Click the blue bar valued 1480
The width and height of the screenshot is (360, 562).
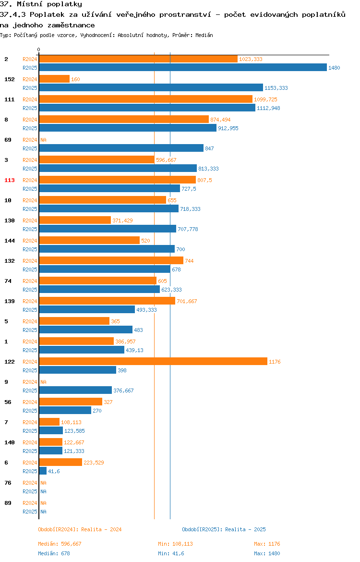[x=183, y=67]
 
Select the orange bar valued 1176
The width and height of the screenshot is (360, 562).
[x=153, y=361]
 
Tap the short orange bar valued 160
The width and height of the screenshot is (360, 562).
[x=54, y=79]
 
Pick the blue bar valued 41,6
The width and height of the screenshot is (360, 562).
[x=43, y=471]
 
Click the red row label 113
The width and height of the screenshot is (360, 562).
[x=10, y=180]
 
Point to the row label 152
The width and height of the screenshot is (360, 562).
[x=10, y=79]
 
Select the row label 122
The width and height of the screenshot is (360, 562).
[x=10, y=362]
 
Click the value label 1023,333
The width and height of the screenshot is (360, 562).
[x=251, y=59]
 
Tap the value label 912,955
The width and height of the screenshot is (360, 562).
[x=228, y=128]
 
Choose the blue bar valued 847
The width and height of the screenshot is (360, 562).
[x=121, y=148]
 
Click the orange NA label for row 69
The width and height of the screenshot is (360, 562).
[x=43, y=140]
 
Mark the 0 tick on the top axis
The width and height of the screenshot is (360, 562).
[x=39, y=50]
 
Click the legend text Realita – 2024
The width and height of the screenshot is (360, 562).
[x=101, y=529]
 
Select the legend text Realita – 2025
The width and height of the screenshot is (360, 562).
[x=245, y=529]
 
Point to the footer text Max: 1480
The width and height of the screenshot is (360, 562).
[x=267, y=553]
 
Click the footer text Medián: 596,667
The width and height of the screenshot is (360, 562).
[x=60, y=544]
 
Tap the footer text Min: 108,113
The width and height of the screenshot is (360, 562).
[x=176, y=544]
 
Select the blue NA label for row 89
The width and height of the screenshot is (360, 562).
[x=43, y=512]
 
